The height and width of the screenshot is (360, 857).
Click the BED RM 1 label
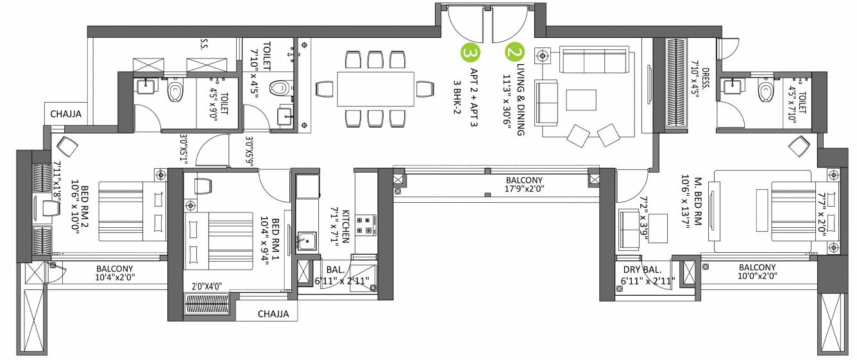pos(275,237)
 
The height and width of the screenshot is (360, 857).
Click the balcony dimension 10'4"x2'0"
pos(115,278)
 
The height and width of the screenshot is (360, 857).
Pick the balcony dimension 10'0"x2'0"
pos(757,277)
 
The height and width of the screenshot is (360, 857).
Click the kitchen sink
pos(306,242)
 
